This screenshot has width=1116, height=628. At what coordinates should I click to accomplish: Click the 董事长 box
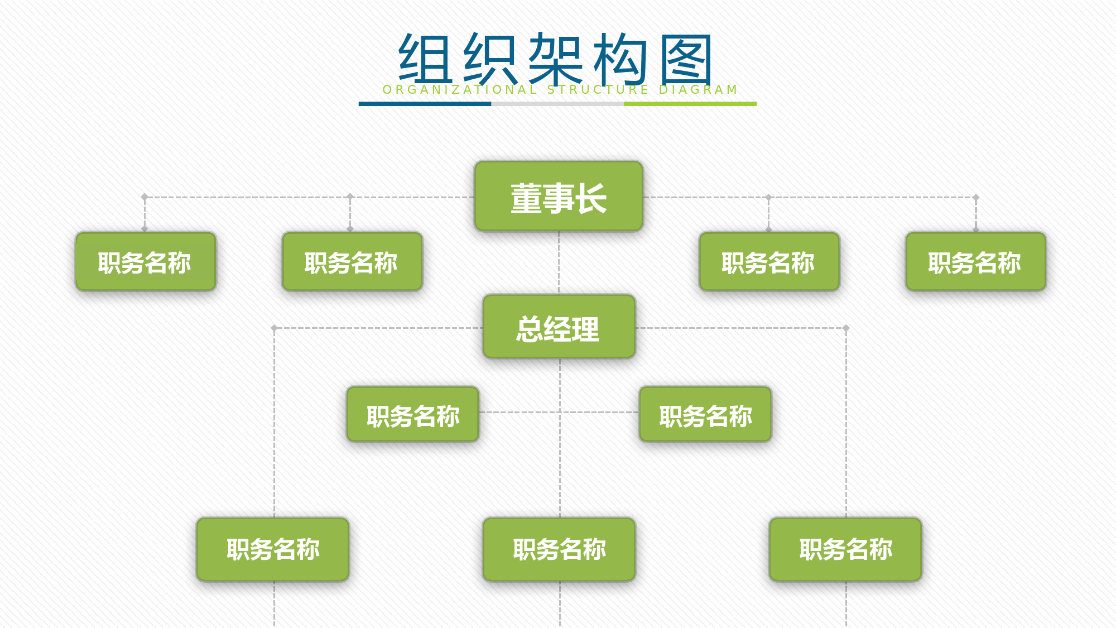pos(559,196)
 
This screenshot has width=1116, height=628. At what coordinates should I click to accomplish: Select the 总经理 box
pos(559,327)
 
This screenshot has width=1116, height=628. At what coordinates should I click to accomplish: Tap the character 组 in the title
pos(425,59)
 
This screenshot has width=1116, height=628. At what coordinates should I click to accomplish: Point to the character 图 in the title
pos(686,59)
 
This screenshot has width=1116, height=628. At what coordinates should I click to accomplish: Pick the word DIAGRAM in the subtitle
pos(699,90)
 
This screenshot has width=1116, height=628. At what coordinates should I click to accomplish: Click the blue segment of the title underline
pos(425,104)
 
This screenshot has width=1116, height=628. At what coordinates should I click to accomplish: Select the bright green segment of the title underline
pos(690,104)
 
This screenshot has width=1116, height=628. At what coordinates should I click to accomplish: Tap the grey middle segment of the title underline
pos(557,104)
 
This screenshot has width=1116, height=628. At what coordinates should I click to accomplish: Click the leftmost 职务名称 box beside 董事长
pos(146,261)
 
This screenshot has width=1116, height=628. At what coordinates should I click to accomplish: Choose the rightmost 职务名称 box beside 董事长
pos(976,261)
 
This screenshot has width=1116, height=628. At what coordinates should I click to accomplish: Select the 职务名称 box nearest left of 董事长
pos(352,261)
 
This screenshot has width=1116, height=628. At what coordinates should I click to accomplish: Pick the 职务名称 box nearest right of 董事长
pos(769,261)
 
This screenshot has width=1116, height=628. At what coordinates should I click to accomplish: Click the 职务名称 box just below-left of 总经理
pos(413,414)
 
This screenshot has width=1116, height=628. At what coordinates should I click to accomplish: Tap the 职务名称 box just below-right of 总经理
pos(705,414)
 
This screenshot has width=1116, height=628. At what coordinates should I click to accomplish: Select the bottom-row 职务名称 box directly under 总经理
pos(559,549)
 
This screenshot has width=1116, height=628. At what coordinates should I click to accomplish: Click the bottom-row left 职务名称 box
pos(273,549)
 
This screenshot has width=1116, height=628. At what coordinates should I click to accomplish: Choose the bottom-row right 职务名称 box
pos(845,549)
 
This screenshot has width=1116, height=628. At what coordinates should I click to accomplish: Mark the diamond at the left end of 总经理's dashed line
pos(274,328)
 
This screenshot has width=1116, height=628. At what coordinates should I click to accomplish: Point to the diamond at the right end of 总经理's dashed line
pos(846,328)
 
